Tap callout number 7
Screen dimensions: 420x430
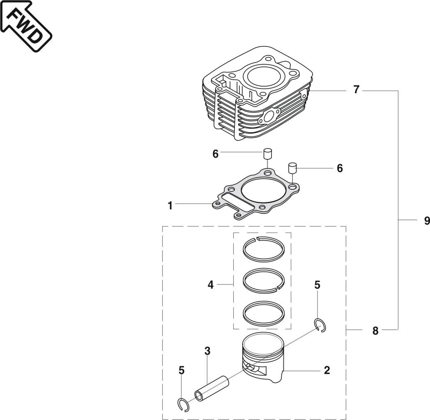tap(356, 90)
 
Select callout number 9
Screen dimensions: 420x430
tap(427, 221)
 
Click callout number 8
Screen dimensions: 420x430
tap(375, 330)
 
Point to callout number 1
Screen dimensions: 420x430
tap(170, 205)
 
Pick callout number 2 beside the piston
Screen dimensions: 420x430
tap(327, 370)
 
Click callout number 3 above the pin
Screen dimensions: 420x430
tap(207, 351)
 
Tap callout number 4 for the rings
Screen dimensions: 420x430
tap(211, 284)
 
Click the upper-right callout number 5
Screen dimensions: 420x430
tap(317, 285)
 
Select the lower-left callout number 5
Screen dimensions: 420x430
tap(182, 370)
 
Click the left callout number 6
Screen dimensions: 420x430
tap(215, 154)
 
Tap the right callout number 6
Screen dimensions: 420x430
tap(340, 168)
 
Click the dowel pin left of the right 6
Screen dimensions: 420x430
tap(292, 168)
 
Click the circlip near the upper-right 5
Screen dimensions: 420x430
tap(320, 325)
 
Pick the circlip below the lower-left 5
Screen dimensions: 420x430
tap(183, 404)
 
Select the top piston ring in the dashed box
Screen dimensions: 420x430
tap(262, 248)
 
